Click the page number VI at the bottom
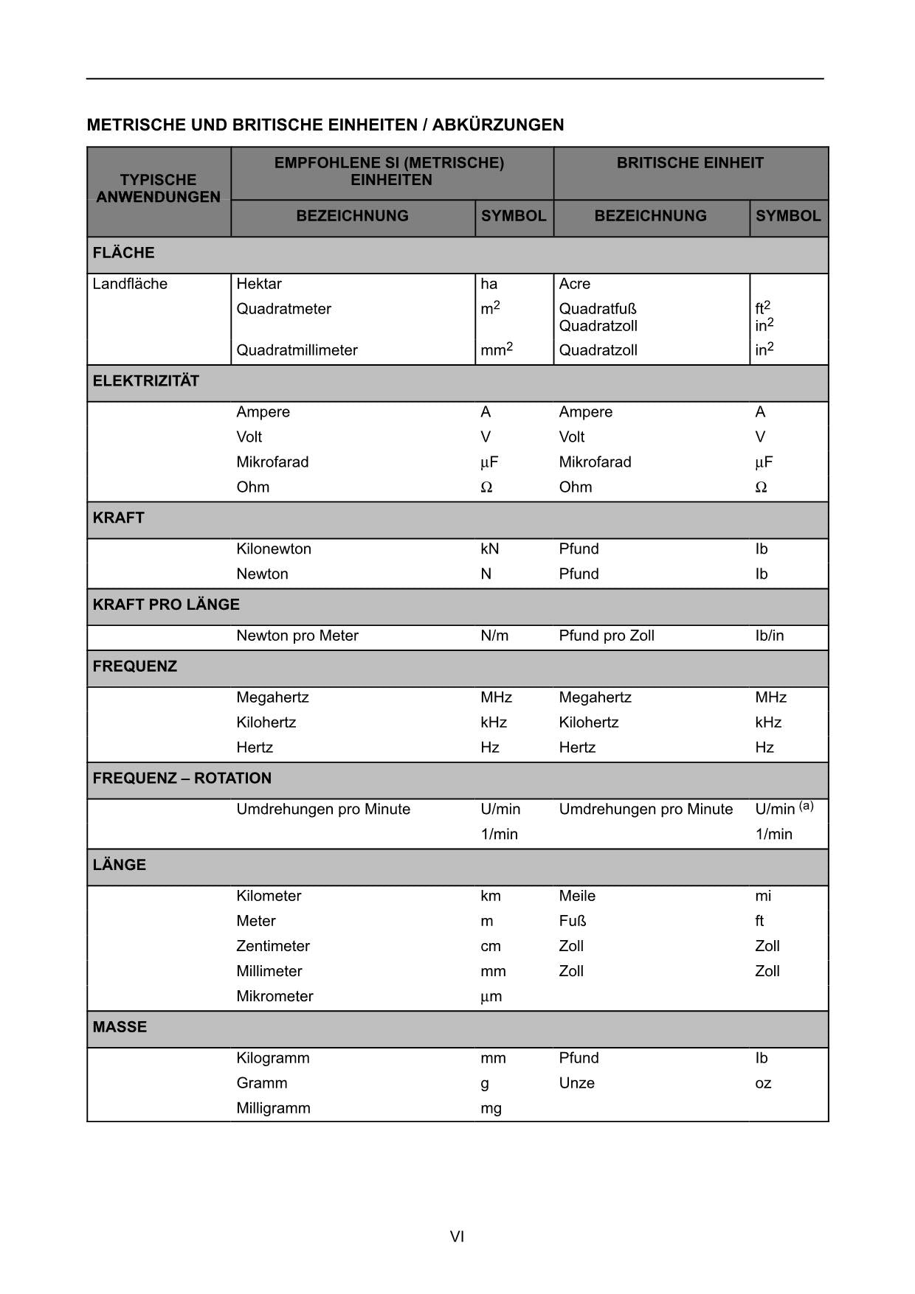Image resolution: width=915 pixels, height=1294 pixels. (x=457, y=1236)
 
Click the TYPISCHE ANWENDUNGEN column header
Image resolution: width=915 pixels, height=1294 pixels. (x=158, y=189)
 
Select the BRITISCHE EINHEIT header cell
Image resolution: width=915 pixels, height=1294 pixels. (x=690, y=163)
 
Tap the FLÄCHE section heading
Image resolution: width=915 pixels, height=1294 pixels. (x=123, y=253)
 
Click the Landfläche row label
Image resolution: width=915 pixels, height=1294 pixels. (x=130, y=284)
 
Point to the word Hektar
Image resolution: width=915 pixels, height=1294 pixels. (x=259, y=284)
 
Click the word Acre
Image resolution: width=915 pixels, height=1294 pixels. (x=575, y=284)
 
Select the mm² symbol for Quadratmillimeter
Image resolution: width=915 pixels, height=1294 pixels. (x=496, y=349)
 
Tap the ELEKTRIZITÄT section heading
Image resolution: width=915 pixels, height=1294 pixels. (x=146, y=381)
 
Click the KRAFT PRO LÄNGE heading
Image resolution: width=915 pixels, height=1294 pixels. (x=166, y=605)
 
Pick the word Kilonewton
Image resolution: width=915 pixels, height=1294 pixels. (x=274, y=549)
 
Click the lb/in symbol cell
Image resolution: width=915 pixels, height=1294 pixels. (x=769, y=636)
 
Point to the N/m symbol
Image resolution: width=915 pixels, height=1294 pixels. (x=494, y=636)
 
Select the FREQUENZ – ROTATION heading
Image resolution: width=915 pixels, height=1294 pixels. (x=182, y=779)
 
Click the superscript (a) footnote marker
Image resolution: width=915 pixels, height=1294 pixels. (x=806, y=806)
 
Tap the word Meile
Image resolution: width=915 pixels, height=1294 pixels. (x=577, y=896)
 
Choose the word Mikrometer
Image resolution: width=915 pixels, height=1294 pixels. (x=274, y=996)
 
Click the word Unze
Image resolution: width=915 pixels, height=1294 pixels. (x=576, y=1083)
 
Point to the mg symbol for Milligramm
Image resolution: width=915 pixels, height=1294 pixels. (x=491, y=1108)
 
